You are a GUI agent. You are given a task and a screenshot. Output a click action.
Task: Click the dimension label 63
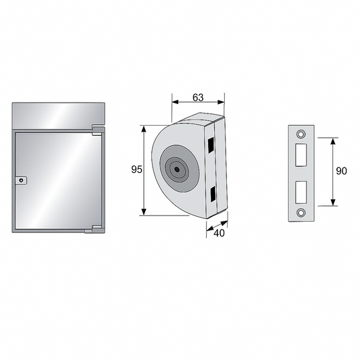[x=198, y=97]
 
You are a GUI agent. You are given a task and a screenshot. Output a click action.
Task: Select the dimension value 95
[x=136, y=170]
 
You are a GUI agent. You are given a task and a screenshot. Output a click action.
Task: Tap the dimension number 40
[x=219, y=233]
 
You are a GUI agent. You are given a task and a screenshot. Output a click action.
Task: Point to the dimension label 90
[x=341, y=171]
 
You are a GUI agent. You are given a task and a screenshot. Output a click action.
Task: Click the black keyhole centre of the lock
[x=177, y=170]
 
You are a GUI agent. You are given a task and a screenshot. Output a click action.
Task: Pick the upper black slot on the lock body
[x=211, y=145]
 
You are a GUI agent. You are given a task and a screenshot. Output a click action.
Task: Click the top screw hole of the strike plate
[x=301, y=134]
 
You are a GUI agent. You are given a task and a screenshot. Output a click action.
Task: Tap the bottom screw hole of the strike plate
[x=301, y=213]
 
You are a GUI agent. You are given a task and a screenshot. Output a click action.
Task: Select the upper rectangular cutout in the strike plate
[x=301, y=155]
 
